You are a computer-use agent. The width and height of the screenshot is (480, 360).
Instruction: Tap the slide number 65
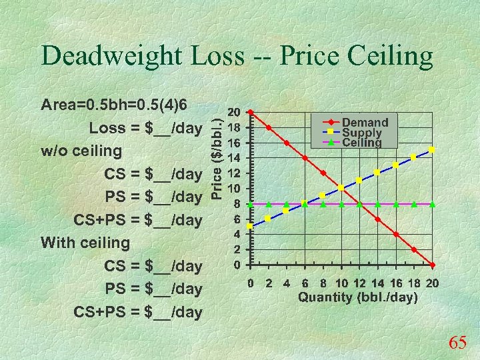[457, 343]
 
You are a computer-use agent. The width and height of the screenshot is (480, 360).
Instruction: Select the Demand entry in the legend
[365, 122]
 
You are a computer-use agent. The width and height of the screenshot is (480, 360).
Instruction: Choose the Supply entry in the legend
[362, 133]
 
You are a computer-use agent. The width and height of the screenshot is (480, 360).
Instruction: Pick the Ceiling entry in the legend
[362, 142]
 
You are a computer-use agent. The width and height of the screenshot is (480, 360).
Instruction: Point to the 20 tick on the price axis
[234, 112]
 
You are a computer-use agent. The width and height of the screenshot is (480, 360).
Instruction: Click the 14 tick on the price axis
[234, 158]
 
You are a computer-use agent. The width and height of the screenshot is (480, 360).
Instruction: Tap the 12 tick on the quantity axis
[359, 283]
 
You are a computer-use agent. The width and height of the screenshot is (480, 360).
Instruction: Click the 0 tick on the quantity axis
[250, 283]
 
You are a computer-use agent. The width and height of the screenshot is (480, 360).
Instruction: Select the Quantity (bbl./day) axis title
[357, 297]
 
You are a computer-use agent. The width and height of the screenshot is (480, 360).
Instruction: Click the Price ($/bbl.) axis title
[217, 153]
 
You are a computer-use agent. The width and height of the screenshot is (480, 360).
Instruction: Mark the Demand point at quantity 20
[432, 265]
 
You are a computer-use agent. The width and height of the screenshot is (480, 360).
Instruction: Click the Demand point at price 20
[250, 112]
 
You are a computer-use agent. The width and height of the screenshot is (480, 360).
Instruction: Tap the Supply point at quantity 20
[432, 150]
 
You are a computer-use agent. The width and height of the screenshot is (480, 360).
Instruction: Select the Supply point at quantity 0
[250, 226]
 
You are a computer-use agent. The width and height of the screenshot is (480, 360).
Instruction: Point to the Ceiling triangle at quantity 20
[432, 204]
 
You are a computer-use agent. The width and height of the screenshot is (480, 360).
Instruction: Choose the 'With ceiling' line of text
[85, 243]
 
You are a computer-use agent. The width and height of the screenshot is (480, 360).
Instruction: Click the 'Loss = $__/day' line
[145, 128]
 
